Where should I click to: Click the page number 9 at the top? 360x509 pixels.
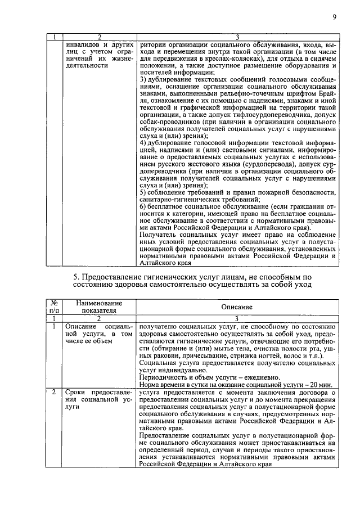(334, 17)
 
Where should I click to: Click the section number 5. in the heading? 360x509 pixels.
(78, 277)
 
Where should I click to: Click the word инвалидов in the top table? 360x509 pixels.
(85, 43)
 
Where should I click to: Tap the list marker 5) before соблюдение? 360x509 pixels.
(143, 192)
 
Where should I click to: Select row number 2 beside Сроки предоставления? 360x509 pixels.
(53, 391)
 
